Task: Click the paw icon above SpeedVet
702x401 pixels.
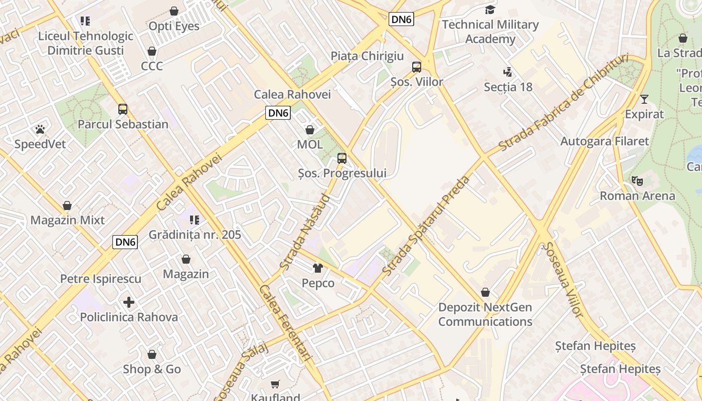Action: (40, 129)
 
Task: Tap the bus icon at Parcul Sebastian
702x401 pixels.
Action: (123, 109)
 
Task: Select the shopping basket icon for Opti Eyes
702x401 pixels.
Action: (174, 11)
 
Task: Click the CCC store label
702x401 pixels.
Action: (152, 66)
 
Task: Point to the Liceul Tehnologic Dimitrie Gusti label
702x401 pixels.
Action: (86, 43)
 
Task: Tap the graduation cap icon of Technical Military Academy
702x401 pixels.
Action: (490, 10)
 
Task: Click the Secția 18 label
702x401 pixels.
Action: (508, 87)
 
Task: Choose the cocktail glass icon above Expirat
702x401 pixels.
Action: (644, 99)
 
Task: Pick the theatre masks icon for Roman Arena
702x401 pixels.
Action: (637, 180)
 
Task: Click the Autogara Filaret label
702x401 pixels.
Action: (604, 141)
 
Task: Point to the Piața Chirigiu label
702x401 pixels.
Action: (367, 56)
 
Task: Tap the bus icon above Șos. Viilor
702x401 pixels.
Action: (417, 67)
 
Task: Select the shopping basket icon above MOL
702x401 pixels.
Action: (310, 130)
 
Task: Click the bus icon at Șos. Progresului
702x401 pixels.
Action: (342, 158)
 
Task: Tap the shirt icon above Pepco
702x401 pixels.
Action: (318, 268)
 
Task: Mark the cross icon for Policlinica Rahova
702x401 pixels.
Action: (129, 302)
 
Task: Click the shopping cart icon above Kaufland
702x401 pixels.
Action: (275, 384)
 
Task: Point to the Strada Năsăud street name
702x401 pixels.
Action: (305, 232)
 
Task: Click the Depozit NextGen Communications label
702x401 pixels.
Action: (485, 314)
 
